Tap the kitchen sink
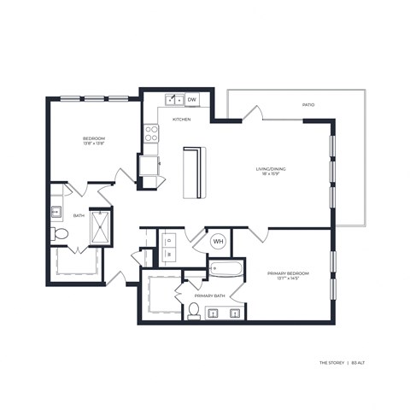173,100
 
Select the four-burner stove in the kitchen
151,133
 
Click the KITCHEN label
181,119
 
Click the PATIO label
307,105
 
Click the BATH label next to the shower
79,216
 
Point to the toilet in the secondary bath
61,232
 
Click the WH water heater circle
218,242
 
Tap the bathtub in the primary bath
225,272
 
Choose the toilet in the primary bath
194,310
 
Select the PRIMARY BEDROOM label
287,273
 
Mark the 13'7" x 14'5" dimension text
287,279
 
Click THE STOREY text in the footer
331,362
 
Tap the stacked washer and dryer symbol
168,246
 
